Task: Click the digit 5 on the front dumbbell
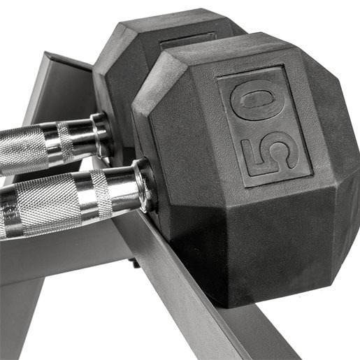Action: pos(271,154)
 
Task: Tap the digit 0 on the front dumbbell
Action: pos(258,101)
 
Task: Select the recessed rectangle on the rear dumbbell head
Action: pos(187,41)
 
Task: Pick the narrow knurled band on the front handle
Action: pos(101,194)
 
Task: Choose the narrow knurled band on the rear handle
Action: pos(66,142)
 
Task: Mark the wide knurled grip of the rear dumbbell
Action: pos(22,149)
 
